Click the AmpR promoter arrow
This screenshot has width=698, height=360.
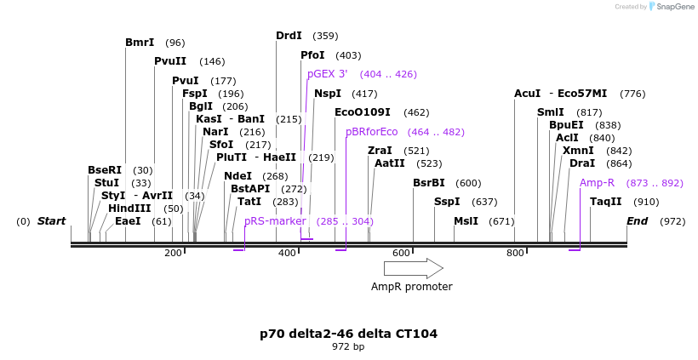[x=413, y=268]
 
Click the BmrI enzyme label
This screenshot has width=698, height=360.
[x=140, y=43]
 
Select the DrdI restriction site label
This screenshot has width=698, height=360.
[x=289, y=36]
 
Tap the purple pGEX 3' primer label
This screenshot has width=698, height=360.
[x=328, y=74]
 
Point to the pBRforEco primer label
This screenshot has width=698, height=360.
[x=372, y=132]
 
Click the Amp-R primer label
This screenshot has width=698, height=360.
[x=597, y=183]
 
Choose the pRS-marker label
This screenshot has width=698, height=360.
[x=275, y=221]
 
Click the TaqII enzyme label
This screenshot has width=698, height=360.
[x=606, y=202]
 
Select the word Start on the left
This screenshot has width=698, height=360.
[x=51, y=221]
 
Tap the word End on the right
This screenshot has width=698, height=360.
[x=637, y=221]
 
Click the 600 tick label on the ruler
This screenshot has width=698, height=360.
[x=401, y=253]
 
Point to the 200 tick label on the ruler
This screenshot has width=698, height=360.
[x=173, y=253]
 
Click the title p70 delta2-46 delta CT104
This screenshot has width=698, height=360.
[x=348, y=334]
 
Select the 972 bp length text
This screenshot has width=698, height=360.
[x=348, y=347]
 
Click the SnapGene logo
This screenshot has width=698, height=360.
[x=672, y=7]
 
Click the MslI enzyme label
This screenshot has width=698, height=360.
[x=466, y=221]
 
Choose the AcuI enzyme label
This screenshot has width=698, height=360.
[x=528, y=94]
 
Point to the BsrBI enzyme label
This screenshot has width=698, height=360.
[x=429, y=183]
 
